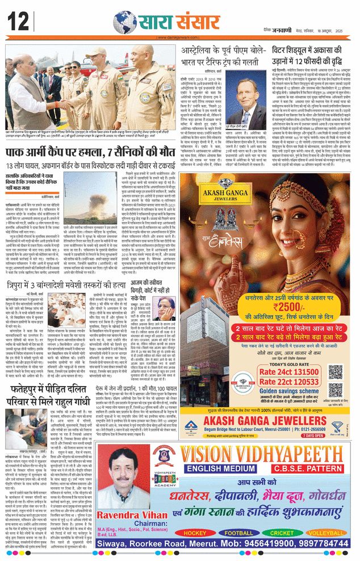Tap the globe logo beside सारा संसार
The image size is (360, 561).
(124, 22)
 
